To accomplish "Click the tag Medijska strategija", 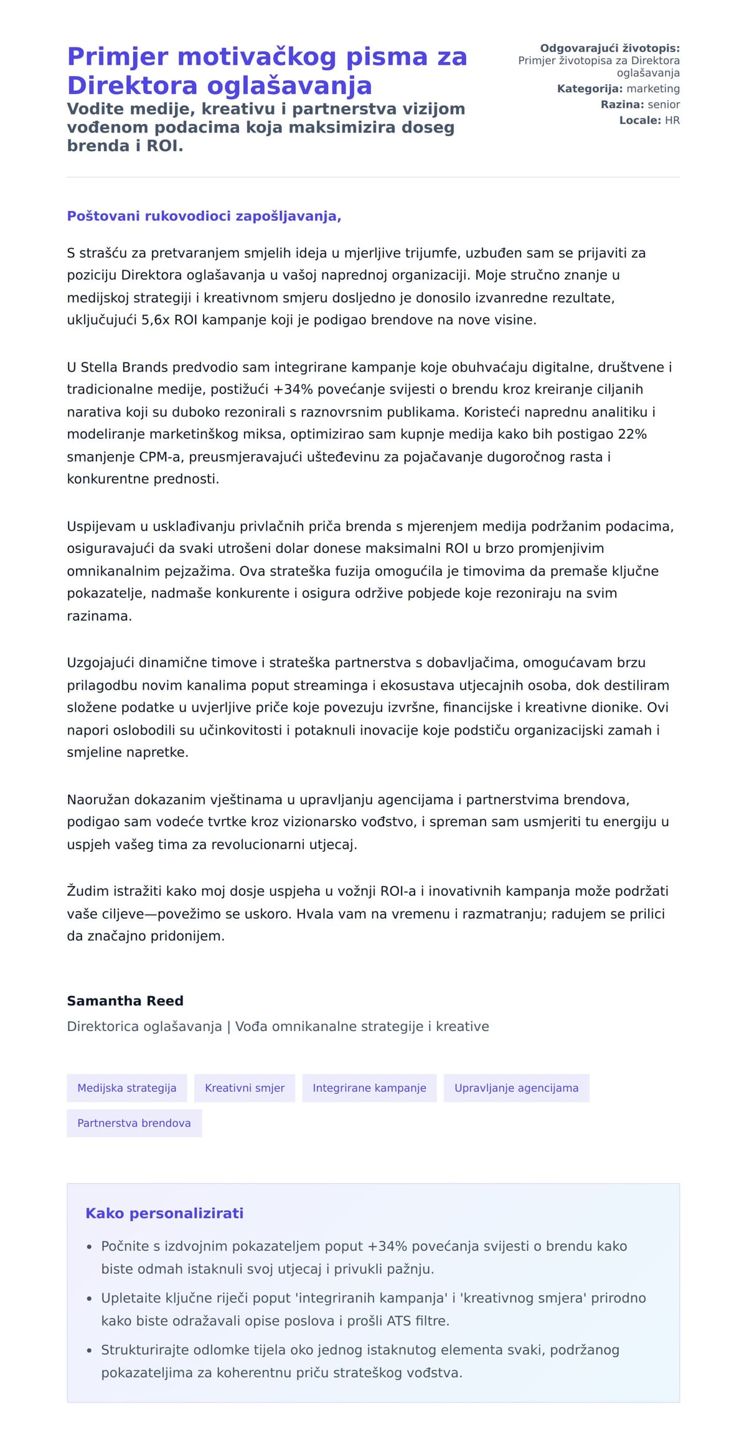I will [126, 1088].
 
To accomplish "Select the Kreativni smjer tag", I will [245, 1088].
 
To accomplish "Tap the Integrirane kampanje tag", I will [369, 1088].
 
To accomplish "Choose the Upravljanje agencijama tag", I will [516, 1088].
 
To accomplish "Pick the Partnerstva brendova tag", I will [134, 1123].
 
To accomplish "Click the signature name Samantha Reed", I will [125, 1000].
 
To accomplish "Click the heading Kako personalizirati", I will [164, 1213].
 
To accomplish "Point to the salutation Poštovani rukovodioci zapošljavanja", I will [204, 216].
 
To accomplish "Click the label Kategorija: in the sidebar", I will [590, 89].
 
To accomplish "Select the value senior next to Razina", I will [664, 105].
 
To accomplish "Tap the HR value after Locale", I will [672, 120].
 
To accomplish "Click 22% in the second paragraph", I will [632, 434].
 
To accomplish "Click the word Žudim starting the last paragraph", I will [88, 891].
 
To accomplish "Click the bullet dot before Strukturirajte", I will [90, 1350].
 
